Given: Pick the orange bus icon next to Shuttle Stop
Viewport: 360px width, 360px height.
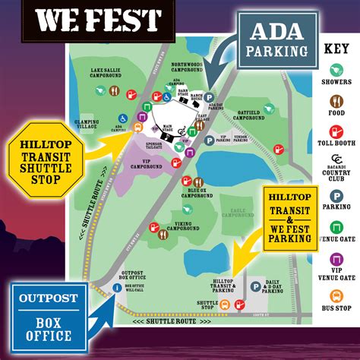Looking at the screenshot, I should coord(224,305).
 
